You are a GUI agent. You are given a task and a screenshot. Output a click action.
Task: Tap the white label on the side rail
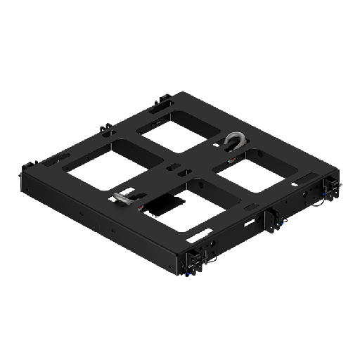click(250, 223)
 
